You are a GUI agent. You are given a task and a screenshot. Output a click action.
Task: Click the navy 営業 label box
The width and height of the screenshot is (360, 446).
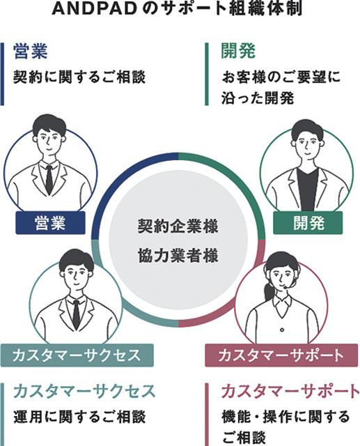coord(50,223)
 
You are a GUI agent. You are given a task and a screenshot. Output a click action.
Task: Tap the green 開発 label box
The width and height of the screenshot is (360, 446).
coord(308,223)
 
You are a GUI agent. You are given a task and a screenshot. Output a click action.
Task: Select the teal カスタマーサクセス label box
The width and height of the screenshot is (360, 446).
coord(77,355)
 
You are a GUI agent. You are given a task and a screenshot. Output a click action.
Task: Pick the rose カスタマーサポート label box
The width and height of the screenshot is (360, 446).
coord(281,355)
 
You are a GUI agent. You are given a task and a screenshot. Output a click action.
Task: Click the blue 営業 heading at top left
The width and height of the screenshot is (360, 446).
coord(30,51)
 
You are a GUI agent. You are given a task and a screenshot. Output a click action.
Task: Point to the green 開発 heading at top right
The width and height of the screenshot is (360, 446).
coord(238,51)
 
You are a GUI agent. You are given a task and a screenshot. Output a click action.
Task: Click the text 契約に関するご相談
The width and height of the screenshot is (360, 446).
coord(79,77)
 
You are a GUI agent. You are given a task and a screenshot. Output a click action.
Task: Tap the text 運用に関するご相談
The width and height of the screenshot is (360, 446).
coord(79,417)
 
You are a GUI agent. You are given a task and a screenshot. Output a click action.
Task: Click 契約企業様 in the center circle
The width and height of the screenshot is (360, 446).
coord(178,226)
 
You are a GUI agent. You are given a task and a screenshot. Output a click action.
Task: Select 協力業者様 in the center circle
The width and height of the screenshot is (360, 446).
coord(178,256)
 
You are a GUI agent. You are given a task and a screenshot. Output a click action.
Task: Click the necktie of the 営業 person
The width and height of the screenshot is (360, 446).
coord(49,180)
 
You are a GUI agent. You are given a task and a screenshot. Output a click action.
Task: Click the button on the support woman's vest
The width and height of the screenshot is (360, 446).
coord(281,330)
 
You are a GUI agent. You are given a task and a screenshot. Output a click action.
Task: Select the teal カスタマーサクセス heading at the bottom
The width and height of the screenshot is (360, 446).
coord(84,392)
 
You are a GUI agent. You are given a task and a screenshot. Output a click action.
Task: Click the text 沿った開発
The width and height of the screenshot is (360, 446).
coord(258,98)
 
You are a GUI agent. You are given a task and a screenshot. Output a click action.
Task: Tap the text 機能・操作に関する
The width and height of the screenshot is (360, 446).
coord(285,417)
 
